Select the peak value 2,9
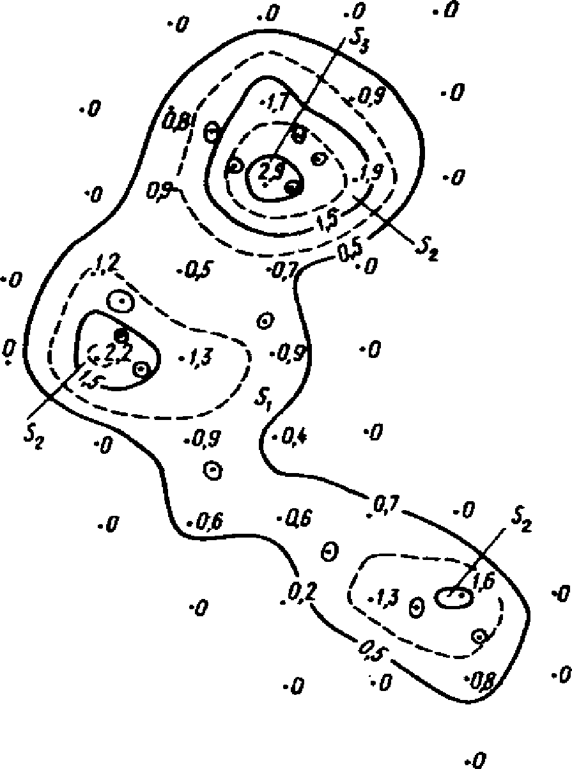[x=272, y=171]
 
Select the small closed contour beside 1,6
[x=454, y=597]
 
